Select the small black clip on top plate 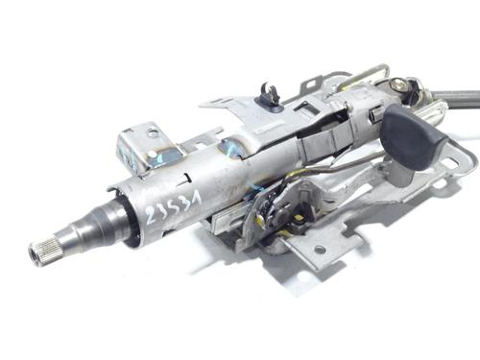point(271,94)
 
